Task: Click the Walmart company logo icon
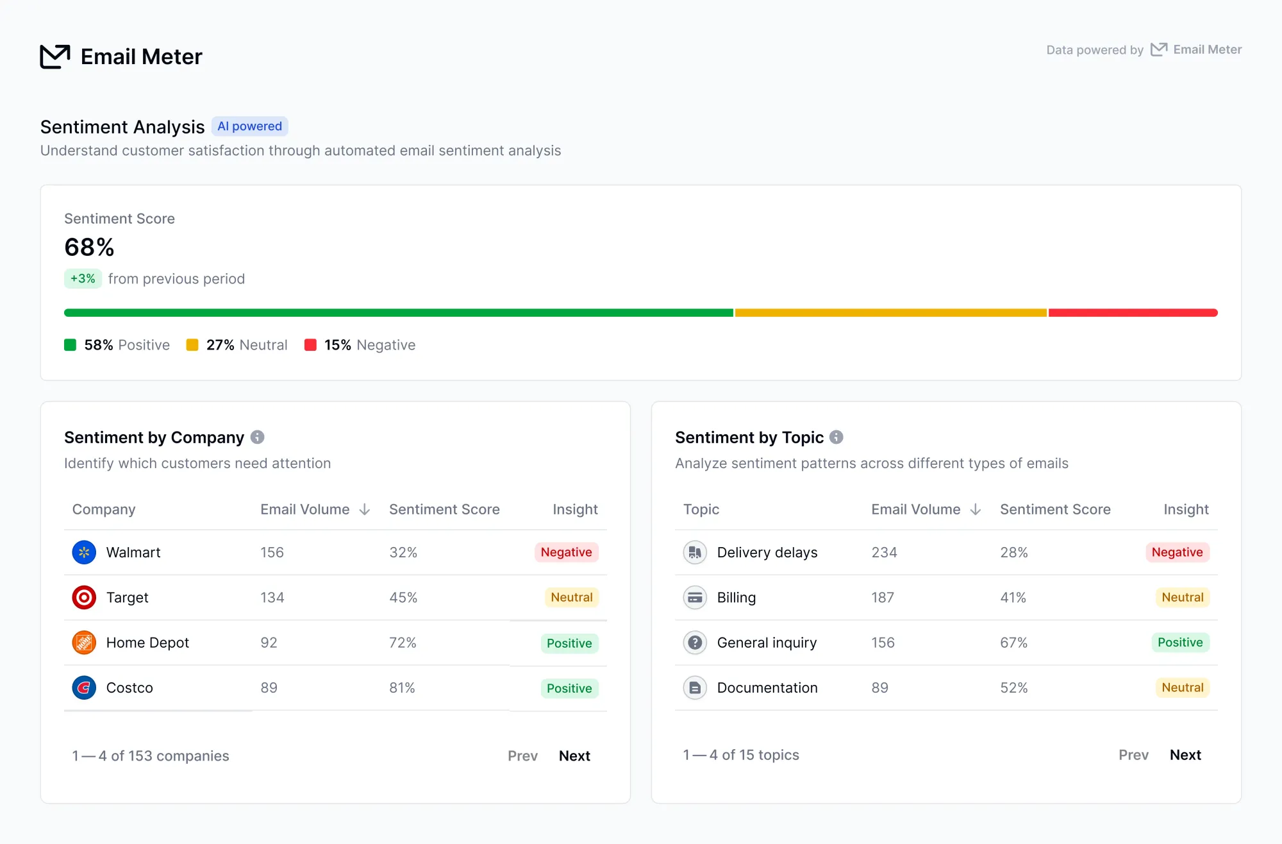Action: click(x=84, y=552)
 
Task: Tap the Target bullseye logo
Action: click(x=84, y=597)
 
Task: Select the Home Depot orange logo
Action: click(x=84, y=643)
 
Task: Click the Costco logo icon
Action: click(x=84, y=688)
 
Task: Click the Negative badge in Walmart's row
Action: click(x=567, y=552)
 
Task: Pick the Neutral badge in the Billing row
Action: click(x=1183, y=597)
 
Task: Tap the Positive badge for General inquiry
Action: click(x=1181, y=643)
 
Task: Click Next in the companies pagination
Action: click(x=574, y=755)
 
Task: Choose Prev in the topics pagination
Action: click(x=1133, y=755)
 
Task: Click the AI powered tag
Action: click(x=250, y=126)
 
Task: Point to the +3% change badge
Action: click(x=83, y=278)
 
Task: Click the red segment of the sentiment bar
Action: click(x=1133, y=313)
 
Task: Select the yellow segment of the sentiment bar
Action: click(x=891, y=313)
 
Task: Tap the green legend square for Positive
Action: click(x=71, y=345)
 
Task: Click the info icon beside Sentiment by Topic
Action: click(x=837, y=437)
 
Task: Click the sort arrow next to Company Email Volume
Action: click(x=365, y=509)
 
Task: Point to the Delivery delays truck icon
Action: click(x=695, y=552)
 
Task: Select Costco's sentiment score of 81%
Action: click(x=403, y=688)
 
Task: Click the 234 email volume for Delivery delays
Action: click(x=885, y=552)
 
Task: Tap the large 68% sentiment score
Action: click(x=89, y=247)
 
